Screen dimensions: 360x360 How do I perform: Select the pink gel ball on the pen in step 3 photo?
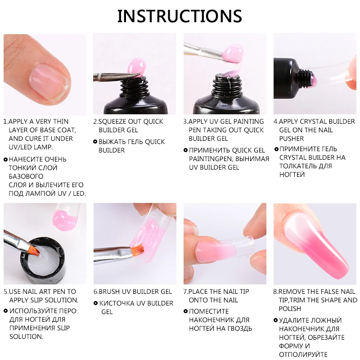(234, 52)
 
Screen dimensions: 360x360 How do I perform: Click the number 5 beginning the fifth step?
(5, 292)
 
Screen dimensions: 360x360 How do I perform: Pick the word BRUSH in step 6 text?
(110, 292)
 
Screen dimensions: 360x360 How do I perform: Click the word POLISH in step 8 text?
(290, 309)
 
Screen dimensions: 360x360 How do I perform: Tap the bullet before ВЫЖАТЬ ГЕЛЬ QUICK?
(95, 142)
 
